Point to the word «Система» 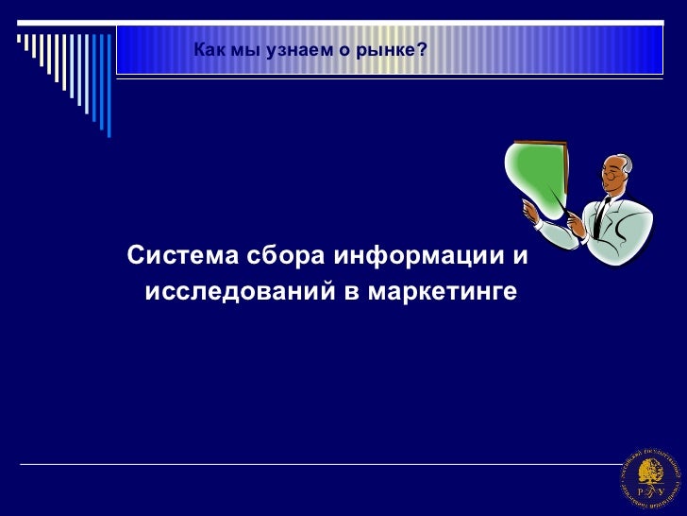click(x=181, y=256)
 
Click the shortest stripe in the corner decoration click(x=19, y=40)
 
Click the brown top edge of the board click(x=539, y=142)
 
